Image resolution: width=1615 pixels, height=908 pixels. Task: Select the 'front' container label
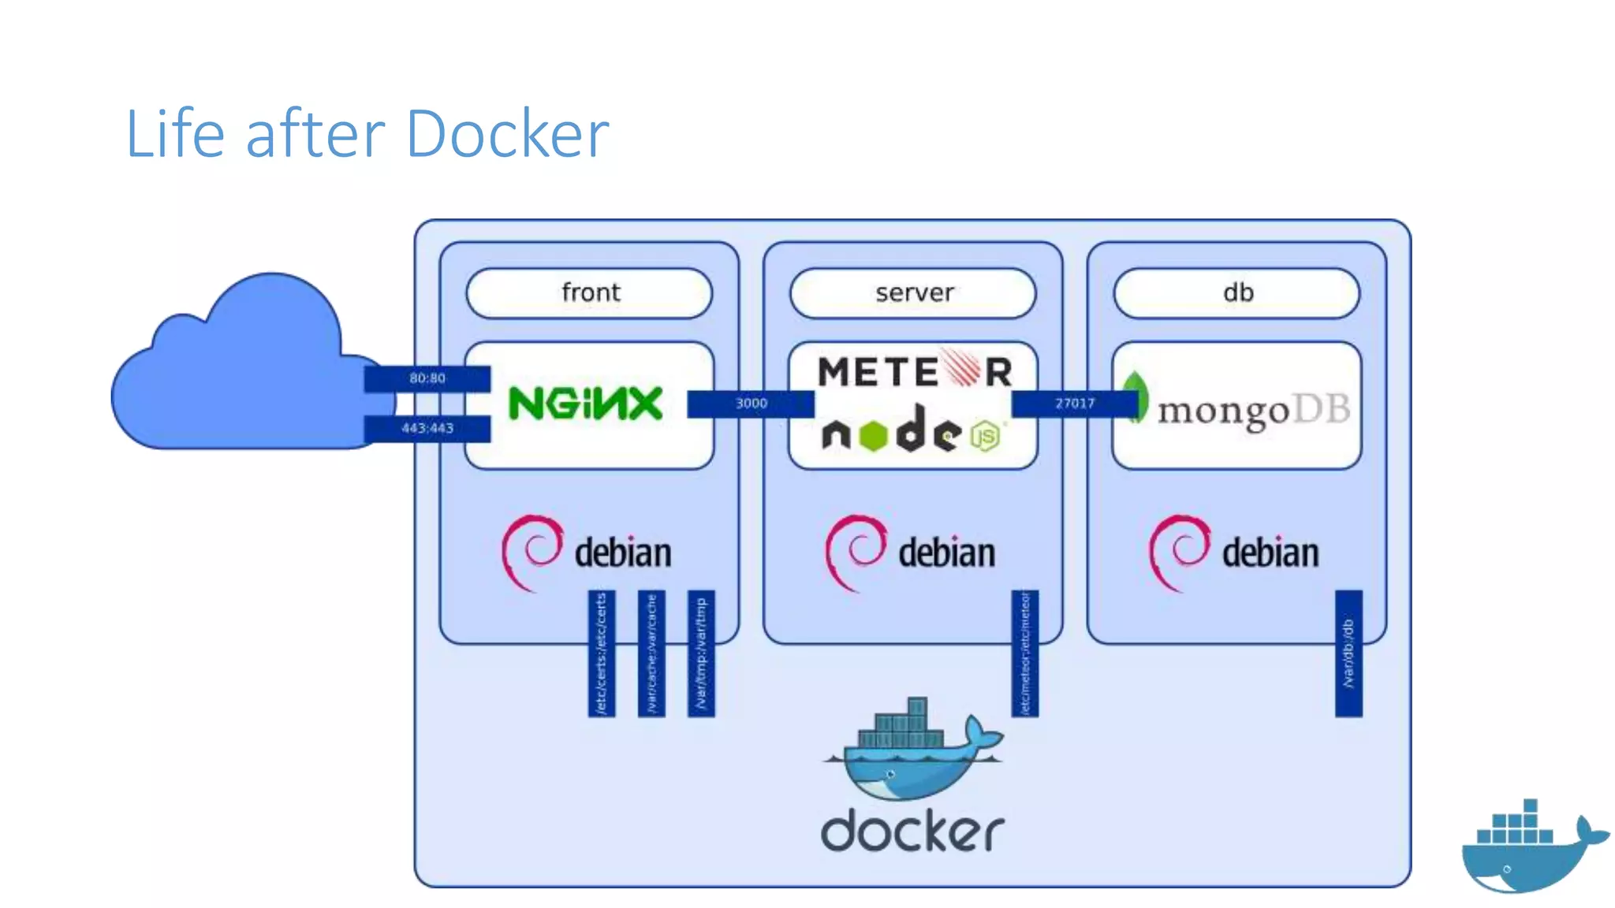(590, 293)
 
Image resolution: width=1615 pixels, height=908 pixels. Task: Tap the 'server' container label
(913, 293)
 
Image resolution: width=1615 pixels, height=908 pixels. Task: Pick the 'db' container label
(1236, 293)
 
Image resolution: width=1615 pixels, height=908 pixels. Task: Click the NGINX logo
(585, 404)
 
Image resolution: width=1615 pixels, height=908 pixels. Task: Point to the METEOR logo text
(915, 371)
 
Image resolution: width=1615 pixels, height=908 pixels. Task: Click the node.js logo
(911, 433)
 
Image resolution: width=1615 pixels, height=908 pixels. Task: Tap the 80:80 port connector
(427, 378)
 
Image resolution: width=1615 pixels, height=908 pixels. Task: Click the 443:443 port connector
(427, 428)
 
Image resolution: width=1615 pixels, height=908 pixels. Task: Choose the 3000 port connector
(750, 404)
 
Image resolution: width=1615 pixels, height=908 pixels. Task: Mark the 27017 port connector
(1074, 404)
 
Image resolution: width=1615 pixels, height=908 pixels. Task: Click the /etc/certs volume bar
(602, 653)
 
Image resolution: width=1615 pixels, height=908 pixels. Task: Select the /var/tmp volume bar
(701, 653)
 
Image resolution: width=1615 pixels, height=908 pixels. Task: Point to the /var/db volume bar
(1348, 653)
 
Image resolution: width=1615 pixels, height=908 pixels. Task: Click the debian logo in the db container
(1234, 552)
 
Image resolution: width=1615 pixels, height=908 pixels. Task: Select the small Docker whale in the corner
(1530, 847)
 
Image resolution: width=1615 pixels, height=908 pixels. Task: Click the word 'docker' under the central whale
(912, 831)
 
